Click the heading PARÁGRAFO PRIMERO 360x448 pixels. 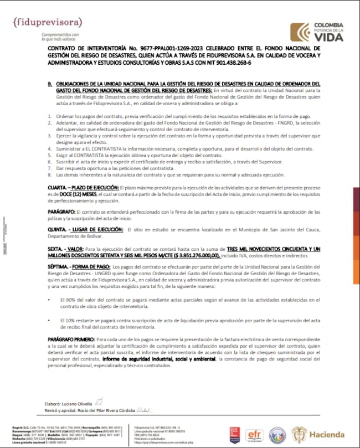[x=71, y=338]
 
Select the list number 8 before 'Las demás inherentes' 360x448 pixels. [x=49, y=174]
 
